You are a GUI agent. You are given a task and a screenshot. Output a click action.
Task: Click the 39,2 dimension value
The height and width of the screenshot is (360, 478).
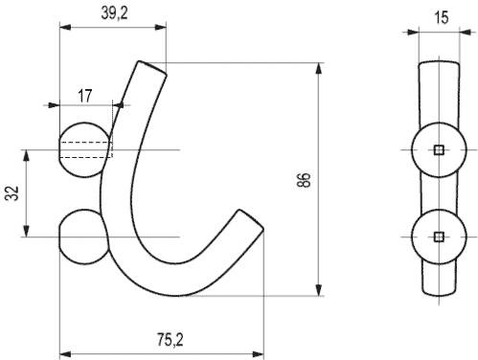pos(114,13)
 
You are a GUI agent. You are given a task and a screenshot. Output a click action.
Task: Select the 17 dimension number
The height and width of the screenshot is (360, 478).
pos(85,96)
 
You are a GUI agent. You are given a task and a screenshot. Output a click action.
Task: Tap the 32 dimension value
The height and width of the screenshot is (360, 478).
pos(12,192)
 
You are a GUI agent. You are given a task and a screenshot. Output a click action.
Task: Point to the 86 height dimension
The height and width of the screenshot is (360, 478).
pos(304,180)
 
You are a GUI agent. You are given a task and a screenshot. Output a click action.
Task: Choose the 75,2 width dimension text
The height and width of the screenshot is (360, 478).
pos(171,340)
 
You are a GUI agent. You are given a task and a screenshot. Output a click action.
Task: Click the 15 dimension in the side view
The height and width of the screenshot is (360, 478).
pos(442,17)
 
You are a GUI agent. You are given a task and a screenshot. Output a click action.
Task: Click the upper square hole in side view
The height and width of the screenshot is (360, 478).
pos(440,149)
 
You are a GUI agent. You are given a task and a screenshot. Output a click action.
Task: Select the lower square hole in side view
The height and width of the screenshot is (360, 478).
pos(440,236)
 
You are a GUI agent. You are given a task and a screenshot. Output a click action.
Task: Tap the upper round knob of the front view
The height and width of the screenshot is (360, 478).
pos(84,149)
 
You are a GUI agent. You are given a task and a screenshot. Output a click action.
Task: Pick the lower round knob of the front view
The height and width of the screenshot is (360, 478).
pos(83,236)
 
